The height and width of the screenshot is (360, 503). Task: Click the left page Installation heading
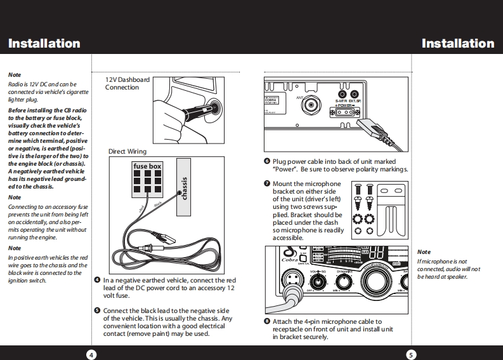click(x=44, y=44)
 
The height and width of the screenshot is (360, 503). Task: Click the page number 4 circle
click(x=91, y=354)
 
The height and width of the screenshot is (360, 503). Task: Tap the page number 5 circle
click(x=411, y=354)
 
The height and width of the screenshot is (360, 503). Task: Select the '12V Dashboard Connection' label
click(x=127, y=84)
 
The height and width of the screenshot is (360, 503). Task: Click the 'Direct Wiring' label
click(x=127, y=152)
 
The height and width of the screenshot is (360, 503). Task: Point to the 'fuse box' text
click(x=147, y=167)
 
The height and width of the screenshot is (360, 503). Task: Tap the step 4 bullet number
click(x=96, y=280)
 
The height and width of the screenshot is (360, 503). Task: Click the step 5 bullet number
click(x=96, y=310)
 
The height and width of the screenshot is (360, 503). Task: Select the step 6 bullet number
click(x=267, y=162)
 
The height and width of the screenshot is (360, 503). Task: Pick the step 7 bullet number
click(x=267, y=184)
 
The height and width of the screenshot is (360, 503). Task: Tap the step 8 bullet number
click(x=267, y=322)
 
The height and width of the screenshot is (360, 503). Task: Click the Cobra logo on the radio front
click(x=289, y=259)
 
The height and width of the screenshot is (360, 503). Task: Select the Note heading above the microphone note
click(x=423, y=253)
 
